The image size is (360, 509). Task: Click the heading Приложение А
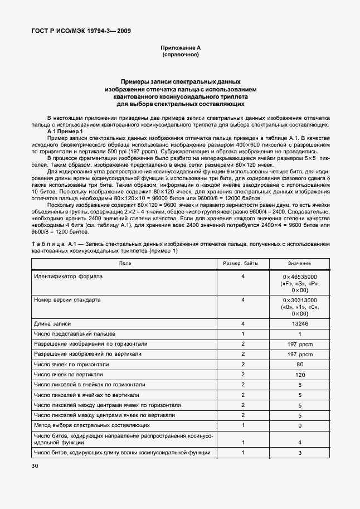coord(180,49)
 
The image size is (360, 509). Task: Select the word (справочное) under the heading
coord(180,55)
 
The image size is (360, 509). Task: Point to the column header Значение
coord(299,263)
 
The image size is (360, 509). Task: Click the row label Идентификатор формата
coord(68,276)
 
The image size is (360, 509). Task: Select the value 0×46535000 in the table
coord(299,277)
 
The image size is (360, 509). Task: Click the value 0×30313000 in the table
coord(299,300)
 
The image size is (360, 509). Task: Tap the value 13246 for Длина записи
coord(299,323)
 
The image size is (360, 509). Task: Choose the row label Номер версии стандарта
coord(67,299)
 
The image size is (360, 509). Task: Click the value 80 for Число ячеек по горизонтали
coord(299,365)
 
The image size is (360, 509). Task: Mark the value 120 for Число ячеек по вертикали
coord(299,375)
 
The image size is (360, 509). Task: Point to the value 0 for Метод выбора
coord(299,425)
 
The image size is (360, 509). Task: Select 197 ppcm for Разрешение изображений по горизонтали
coord(299,344)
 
